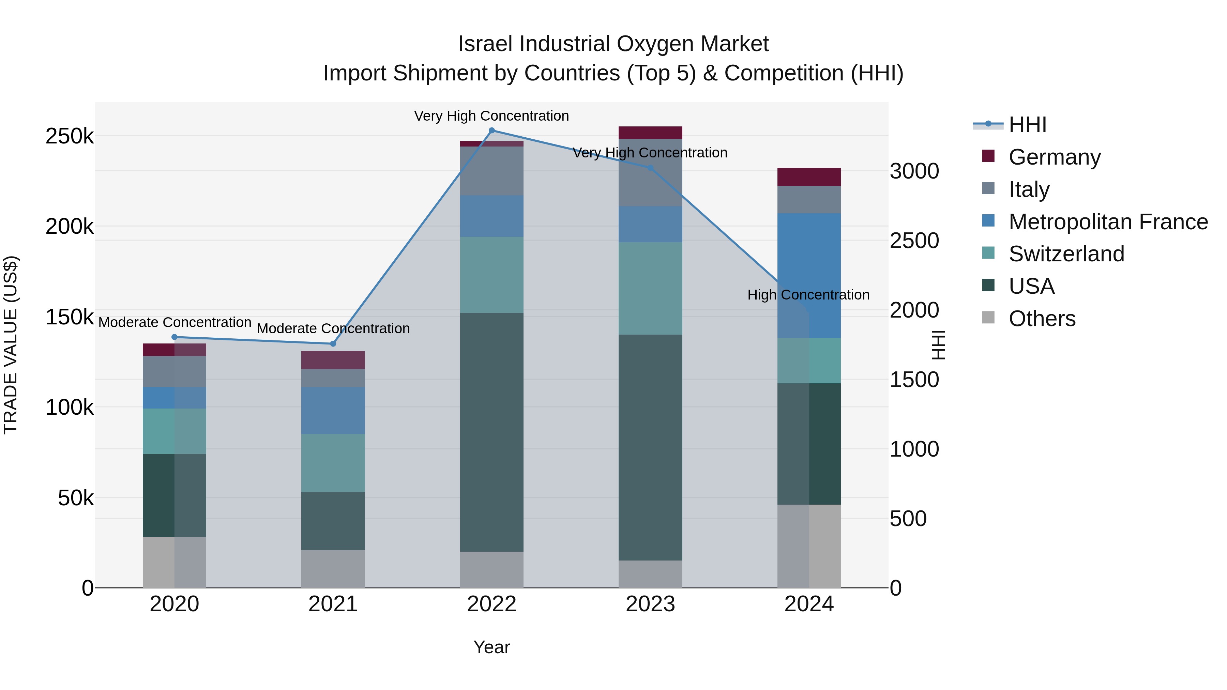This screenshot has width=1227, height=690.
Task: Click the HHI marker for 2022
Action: [x=491, y=131]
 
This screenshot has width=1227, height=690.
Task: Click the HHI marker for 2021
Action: [x=333, y=344]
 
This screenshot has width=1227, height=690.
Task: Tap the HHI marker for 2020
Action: [x=174, y=337]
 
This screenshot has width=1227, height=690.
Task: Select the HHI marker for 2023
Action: [x=650, y=168]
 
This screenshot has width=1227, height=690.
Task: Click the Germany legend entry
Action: [x=1054, y=157]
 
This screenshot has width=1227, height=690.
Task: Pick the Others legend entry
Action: [x=1042, y=318]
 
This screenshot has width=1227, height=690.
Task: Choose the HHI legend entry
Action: [x=1027, y=125]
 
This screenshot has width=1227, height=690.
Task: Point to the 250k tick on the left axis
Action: [x=70, y=136]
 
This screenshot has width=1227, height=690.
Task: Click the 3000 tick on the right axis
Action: [x=914, y=171]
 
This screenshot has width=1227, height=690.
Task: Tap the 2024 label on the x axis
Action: [x=809, y=604]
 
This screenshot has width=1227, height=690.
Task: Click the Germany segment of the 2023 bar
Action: [x=650, y=133]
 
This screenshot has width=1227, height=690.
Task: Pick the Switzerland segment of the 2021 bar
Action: [x=333, y=463]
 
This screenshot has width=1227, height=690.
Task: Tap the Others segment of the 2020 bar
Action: [x=174, y=562]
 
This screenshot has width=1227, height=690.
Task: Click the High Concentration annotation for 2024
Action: [x=808, y=295]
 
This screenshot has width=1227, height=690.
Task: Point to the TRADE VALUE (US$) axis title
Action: [x=11, y=345]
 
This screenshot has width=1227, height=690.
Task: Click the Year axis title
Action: [x=491, y=647]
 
